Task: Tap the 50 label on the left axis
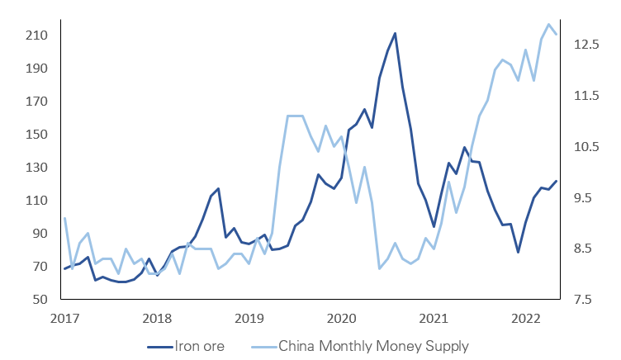tap(37, 299)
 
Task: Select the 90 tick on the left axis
tap(37, 234)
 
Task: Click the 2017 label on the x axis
tap(64, 318)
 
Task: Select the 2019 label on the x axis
tap(249, 318)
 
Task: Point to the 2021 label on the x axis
tap(434, 318)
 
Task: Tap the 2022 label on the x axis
tap(525, 318)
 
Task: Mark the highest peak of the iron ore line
tap(395, 33)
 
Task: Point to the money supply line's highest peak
tap(549, 24)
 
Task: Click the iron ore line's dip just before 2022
tap(518, 252)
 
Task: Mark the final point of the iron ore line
tap(557, 181)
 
